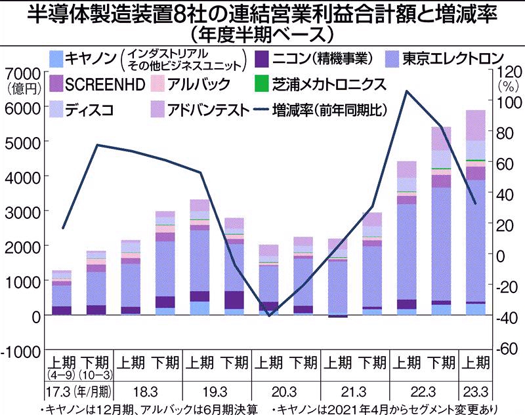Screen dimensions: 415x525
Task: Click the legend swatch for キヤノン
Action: pos(56,58)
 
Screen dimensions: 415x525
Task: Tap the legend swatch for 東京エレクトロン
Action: pos(395,58)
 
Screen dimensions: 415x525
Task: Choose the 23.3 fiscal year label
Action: pos(476,392)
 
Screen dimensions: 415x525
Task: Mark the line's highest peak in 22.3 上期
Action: pos(407,91)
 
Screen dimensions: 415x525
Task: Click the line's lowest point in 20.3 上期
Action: pos(269,315)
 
